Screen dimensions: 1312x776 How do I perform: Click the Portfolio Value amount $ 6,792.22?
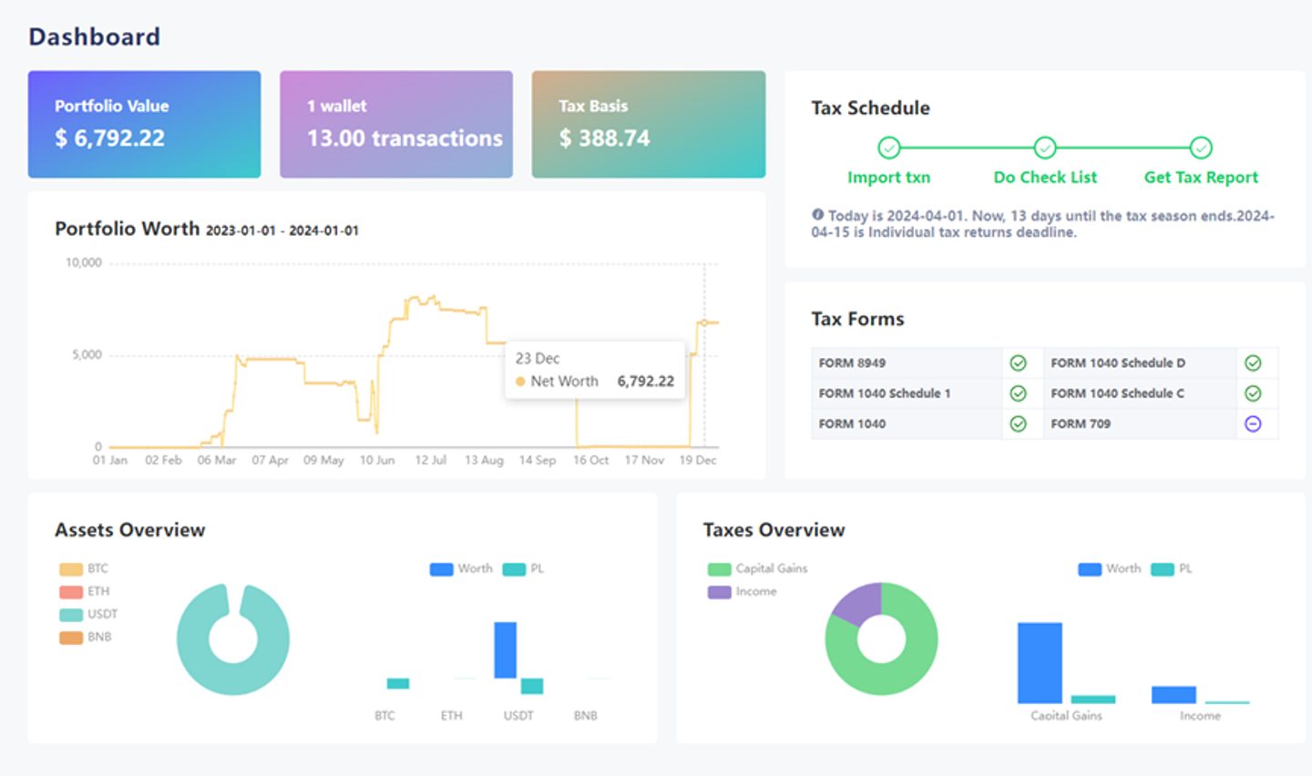pyautogui.click(x=110, y=138)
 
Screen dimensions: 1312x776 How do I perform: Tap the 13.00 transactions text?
pyautogui.click(x=405, y=138)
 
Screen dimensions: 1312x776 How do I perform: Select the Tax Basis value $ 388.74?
pyautogui.click(x=604, y=138)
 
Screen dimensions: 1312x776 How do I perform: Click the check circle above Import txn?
pyautogui.click(x=888, y=148)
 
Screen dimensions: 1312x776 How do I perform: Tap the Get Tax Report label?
pyautogui.click(x=1201, y=177)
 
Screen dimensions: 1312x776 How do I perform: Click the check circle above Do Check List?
pyautogui.click(x=1045, y=148)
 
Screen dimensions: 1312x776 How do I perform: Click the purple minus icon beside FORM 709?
pyautogui.click(x=1253, y=424)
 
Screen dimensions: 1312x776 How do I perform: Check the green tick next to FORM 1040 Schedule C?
pyautogui.click(x=1253, y=393)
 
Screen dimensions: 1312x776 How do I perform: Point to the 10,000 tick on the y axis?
pyautogui.click(x=84, y=262)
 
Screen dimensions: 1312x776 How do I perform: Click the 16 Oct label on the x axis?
pyautogui.click(x=590, y=460)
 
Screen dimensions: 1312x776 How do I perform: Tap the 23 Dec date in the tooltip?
pyautogui.click(x=538, y=359)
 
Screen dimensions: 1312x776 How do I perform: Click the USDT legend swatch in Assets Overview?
pyautogui.click(x=71, y=615)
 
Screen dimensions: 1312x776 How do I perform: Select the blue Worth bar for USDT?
pyautogui.click(x=505, y=650)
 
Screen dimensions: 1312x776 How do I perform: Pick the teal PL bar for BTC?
pyautogui.click(x=397, y=683)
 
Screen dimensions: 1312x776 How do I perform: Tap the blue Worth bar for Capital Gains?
pyautogui.click(x=1040, y=663)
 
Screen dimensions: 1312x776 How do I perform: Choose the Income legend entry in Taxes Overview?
pyautogui.click(x=742, y=591)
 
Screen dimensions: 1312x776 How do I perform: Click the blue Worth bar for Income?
pyautogui.click(x=1174, y=695)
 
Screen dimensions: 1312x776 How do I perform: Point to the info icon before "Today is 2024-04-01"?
pyautogui.click(x=817, y=214)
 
